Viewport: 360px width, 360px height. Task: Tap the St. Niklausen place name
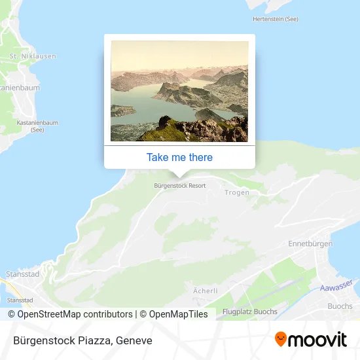[32, 56]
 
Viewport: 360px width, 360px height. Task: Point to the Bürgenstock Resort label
[179, 185]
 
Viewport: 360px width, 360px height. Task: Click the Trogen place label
[236, 192]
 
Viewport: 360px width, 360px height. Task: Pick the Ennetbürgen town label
[310, 243]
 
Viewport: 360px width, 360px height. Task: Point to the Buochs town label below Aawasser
[339, 306]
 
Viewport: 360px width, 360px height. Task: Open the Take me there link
[179, 157]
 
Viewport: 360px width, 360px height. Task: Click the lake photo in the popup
[179, 91]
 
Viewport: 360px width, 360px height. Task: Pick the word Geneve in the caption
[134, 340]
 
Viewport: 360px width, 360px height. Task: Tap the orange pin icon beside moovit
[281, 339]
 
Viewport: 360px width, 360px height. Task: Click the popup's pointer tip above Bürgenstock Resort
[179, 175]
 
